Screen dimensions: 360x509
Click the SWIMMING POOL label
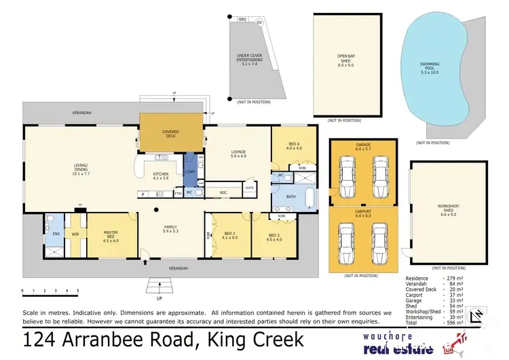(430, 67)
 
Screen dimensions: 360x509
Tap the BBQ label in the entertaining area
(241, 22)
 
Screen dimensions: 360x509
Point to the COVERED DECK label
(170, 134)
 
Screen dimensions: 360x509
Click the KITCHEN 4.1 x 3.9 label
(161, 176)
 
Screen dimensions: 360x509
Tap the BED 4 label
(293, 146)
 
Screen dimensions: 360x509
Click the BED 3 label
(274, 236)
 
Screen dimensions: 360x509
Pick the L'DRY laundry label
(190, 173)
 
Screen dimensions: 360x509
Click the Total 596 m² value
(455, 323)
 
